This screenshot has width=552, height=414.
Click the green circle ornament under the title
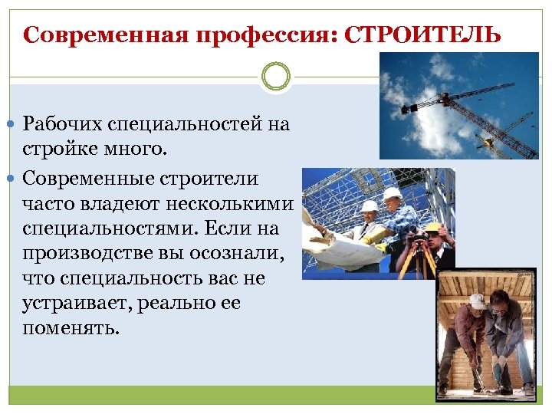(276, 78)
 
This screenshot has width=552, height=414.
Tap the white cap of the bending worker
(478, 301)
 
